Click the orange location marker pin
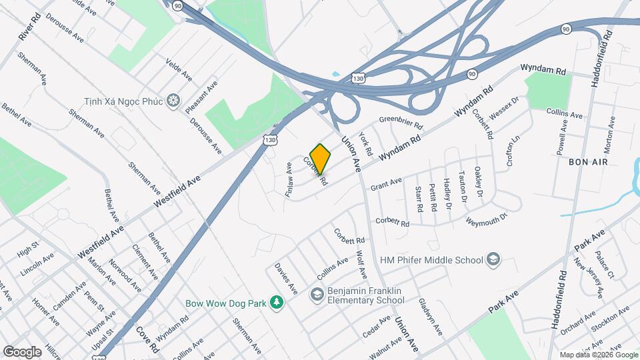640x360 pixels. [x=320, y=158]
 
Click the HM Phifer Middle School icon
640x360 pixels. [x=493, y=259]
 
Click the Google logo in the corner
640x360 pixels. [x=22, y=351]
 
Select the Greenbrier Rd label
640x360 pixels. [x=401, y=123]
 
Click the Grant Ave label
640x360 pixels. [x=386, y=183]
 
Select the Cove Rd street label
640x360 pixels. [x=147, y=339]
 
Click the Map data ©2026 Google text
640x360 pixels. [x=597, y=355]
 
